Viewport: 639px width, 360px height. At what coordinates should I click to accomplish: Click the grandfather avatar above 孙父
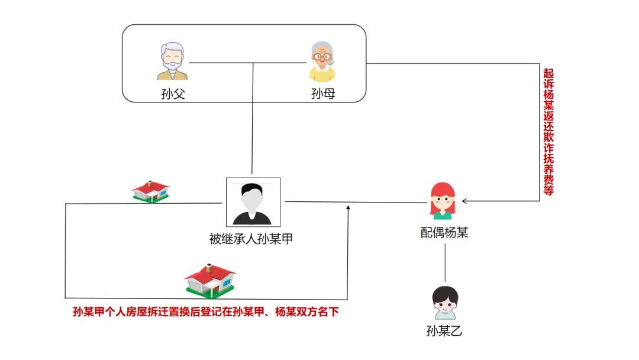point(172,61)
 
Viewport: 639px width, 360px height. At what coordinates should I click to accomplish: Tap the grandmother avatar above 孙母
point(322,61)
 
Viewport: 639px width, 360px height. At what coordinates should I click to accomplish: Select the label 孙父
point(173,94)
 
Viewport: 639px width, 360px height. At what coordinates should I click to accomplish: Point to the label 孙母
point(323,94)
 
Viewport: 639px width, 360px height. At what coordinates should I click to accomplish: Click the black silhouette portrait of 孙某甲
point(253,202)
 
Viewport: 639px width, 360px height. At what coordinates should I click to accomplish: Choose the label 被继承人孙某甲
point(252,239)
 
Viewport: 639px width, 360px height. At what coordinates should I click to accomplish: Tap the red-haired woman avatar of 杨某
point(443,201)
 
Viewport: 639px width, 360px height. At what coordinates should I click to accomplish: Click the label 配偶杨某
point(444,233)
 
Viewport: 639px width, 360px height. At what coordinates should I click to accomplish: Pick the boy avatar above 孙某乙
point(444,303)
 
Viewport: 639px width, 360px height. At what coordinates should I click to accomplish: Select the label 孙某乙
point(444,331)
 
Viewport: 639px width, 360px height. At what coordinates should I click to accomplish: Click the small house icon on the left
point(151,191)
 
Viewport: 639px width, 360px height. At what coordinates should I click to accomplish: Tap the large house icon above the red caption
point(210,280)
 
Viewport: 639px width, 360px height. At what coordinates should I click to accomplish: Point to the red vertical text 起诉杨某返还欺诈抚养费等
point(548,132)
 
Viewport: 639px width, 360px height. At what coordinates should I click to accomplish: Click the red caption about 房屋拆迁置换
point(205,312)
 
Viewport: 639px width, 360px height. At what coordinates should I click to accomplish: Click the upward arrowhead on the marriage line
point(348,207)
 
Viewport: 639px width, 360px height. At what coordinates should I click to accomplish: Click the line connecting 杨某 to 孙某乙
point(445,263)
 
